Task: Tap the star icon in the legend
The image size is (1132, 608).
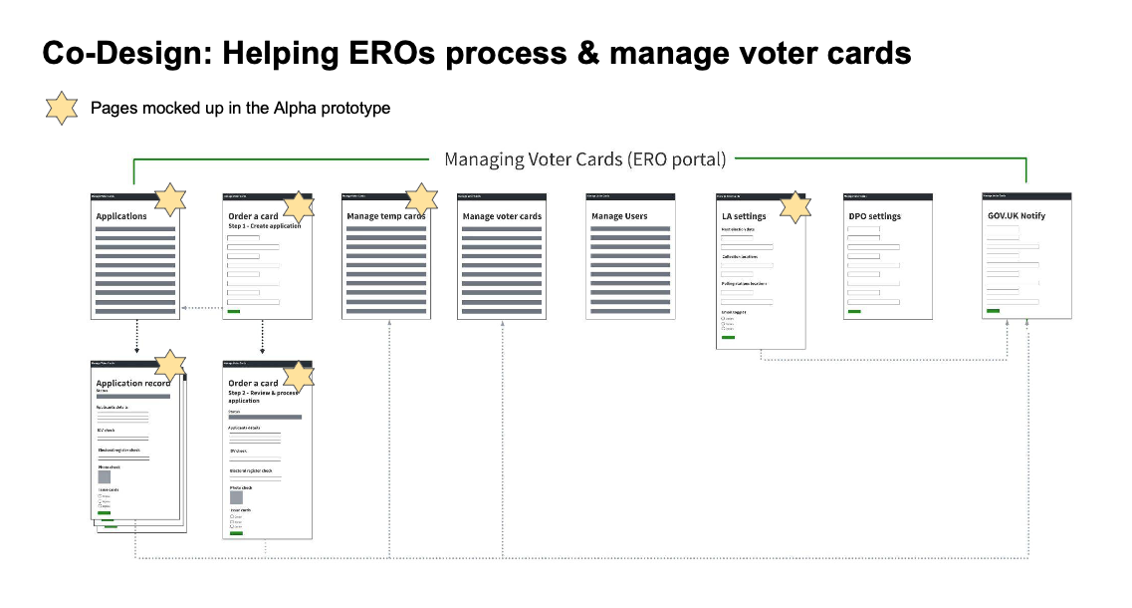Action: click(x=62, y=108)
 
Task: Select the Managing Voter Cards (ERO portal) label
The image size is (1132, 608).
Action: click(x=584, y=159)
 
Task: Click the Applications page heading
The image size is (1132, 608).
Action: click(x=121, y=216)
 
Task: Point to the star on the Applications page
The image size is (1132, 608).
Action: click(x=170, y=199)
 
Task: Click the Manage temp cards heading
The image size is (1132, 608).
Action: click(x=385, y=216)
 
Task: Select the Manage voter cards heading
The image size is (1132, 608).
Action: click(x=502, y=216)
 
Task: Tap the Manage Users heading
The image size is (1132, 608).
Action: click(x=619, y=216)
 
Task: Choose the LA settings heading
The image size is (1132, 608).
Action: click(x=744, y=216)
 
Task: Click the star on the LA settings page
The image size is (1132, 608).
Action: click(x=794, y=207)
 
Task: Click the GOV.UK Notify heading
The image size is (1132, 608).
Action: click(x=1015, y=215)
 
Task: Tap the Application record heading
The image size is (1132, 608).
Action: click(x=133, y=383)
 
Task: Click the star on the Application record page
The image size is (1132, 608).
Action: click(x=171, y=366)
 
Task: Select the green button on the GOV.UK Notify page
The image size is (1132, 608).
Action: click(x=993, y=310)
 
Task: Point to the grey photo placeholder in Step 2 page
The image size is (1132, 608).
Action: click(x=236, y=496)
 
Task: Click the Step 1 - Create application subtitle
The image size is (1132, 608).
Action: click(x=264, y=226)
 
